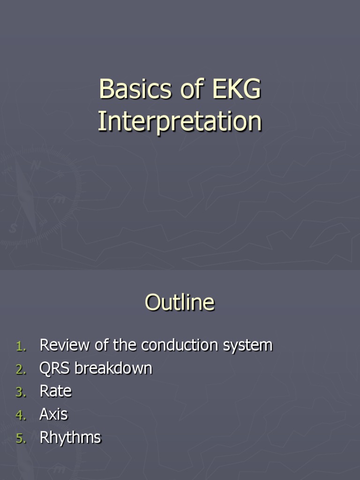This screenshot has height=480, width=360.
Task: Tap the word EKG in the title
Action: [x=236, y=89]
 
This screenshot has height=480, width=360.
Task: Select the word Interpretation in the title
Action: [x=180, y=121]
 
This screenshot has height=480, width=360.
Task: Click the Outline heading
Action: [x=180, y=302]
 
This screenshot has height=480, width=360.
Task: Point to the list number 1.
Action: [x=21, y=346]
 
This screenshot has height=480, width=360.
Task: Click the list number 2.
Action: [x=21, y=369]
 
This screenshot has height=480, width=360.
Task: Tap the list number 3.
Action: [x=21, y=392]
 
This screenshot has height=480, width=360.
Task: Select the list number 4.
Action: [x=21, y=415]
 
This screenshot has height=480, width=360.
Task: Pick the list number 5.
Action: [x=21, y=438]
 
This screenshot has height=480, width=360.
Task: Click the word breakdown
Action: [x=113, y=368]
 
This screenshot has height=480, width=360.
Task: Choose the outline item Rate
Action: [x=55, y=391]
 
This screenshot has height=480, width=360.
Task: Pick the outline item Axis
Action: [x=53, y=414]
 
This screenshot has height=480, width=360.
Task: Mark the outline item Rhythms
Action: [x=70, y=437]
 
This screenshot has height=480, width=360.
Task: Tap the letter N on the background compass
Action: [x=35, y=165]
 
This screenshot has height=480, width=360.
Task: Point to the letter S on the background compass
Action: [x=13, y=228]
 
